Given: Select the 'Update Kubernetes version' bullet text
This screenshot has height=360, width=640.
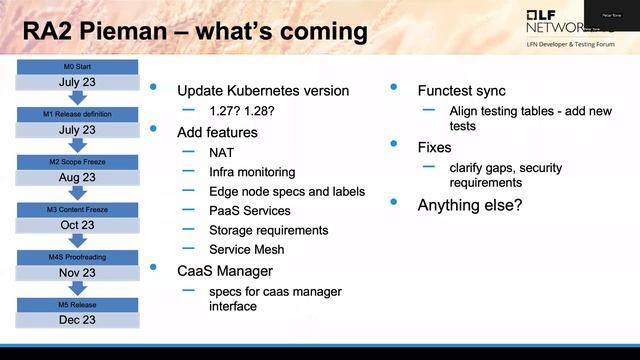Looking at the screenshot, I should tap(262, 91).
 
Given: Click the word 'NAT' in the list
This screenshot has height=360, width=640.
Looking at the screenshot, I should tap(222, 152).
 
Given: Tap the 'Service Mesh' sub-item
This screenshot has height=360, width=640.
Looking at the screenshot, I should tap(247, 249).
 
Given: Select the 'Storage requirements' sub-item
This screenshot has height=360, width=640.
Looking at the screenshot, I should tap(268, 230).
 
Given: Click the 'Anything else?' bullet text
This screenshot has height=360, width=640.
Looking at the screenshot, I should tap(469, 205).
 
